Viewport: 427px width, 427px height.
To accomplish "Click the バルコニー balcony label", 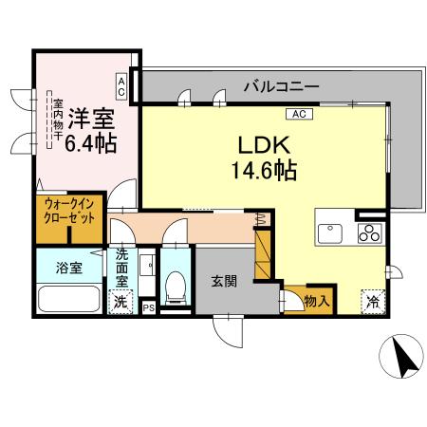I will (x=279, y=86).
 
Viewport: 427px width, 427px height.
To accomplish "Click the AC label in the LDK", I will (x=296, y=114).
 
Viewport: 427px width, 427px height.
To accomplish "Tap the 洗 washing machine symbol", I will (x=121, y=303).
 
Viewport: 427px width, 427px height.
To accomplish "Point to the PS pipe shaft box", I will (x=147, y=307).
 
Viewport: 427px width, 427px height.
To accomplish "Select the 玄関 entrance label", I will (x=225, y=282).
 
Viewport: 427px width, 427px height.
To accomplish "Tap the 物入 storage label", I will (x=316, y=302).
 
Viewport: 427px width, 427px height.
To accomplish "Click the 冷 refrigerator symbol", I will (x=373, y=302).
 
